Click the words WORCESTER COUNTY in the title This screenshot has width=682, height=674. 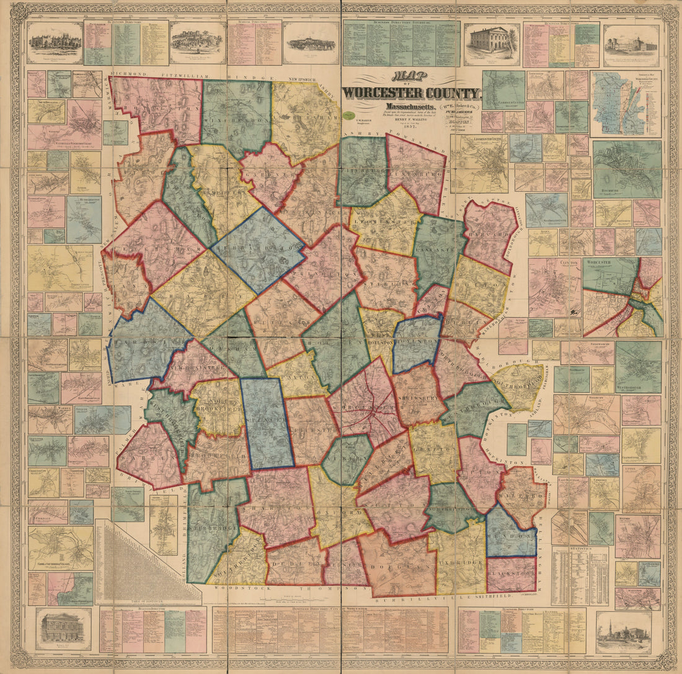pyautogui.click(x=412, y=93)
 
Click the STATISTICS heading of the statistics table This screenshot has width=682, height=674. pyautogui.click(x=580, y=549)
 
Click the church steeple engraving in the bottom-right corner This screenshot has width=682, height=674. pyautogui.click(x=623, y=632)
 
